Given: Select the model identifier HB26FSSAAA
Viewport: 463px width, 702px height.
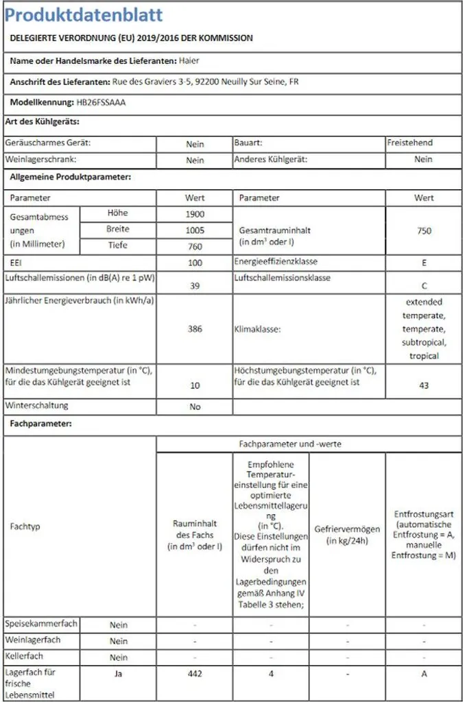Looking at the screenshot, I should point(102,102).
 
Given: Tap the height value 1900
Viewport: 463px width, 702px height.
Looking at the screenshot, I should point(195,214).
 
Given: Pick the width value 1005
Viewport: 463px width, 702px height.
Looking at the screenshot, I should point(195,230).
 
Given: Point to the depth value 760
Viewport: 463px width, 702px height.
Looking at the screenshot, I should point(195,247).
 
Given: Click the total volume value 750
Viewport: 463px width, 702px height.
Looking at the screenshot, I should point(424,231).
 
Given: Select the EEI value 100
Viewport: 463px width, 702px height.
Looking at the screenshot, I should point(195,263).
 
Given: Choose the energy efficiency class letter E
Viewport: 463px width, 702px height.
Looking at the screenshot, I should point(424,263).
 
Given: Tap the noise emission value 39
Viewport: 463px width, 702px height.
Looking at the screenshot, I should point(195,287).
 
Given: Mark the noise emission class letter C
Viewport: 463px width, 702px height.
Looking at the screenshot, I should point(424,287).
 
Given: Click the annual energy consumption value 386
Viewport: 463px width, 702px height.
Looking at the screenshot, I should point(195,329).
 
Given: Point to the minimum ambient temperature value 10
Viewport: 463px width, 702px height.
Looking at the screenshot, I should point(195,386).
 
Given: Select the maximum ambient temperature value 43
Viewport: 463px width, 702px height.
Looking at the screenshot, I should point(424,386).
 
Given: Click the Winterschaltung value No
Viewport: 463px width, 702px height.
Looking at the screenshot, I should point(195,407).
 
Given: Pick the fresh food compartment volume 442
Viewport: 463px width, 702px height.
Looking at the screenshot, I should point(195,674).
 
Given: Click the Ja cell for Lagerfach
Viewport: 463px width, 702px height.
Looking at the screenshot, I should point(119,673).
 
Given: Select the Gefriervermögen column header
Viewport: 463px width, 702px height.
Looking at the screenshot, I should point(347,535).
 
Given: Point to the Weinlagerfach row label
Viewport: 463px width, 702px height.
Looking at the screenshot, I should point(33,640).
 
